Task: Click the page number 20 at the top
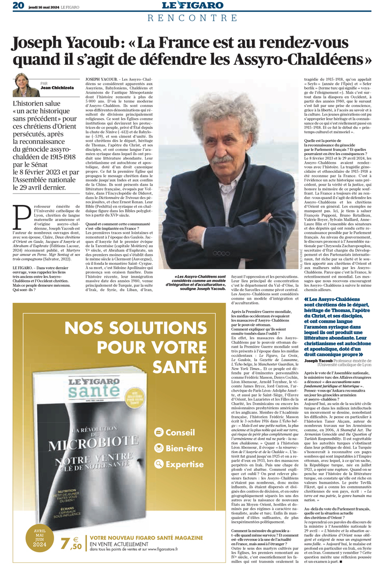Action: [x=18, y=5]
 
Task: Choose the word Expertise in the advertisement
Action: [x=184, y=464]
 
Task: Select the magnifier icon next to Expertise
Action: [x=158, y=464]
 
